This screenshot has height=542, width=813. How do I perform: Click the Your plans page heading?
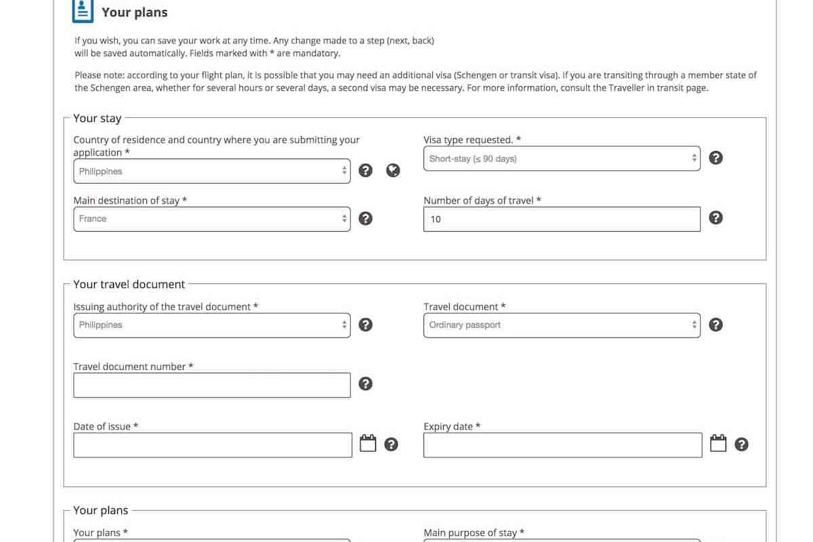[x=134, y=12]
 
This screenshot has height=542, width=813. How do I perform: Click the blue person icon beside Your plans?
[x=83, y=10]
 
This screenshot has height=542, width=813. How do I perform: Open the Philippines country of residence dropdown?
[x=211, y=171]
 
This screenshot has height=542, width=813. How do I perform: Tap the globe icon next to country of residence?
[x=393, y=171]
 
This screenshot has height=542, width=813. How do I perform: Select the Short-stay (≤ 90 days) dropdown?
[x=562, y=159]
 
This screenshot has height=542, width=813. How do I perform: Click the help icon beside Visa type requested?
[x=715, y=158]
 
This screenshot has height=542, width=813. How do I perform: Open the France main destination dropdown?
[x=211, y=219]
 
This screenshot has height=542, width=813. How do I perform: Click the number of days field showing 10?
[x=562, y=219]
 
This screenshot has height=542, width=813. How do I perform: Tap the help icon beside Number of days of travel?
[x=715, y=217]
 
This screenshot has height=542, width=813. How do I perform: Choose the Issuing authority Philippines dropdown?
[x=211, y=325]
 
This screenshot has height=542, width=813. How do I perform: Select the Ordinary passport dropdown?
[x=562, y=325]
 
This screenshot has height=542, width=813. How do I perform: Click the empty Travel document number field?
[x=211, y=385]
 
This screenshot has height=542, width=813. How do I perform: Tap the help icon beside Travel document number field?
[x=365, y=384]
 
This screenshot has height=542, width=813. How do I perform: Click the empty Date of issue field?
[x=212, y=445]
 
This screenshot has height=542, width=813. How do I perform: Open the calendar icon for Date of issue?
[x=368, y=444]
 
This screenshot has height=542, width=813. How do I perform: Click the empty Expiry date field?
[x=562, y=445]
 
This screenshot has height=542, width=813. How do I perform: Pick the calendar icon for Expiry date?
[x=718, y=444]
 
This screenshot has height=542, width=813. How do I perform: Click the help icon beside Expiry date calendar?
[x=742, y=444]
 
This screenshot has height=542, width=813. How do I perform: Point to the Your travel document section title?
[x=129, y=284]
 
